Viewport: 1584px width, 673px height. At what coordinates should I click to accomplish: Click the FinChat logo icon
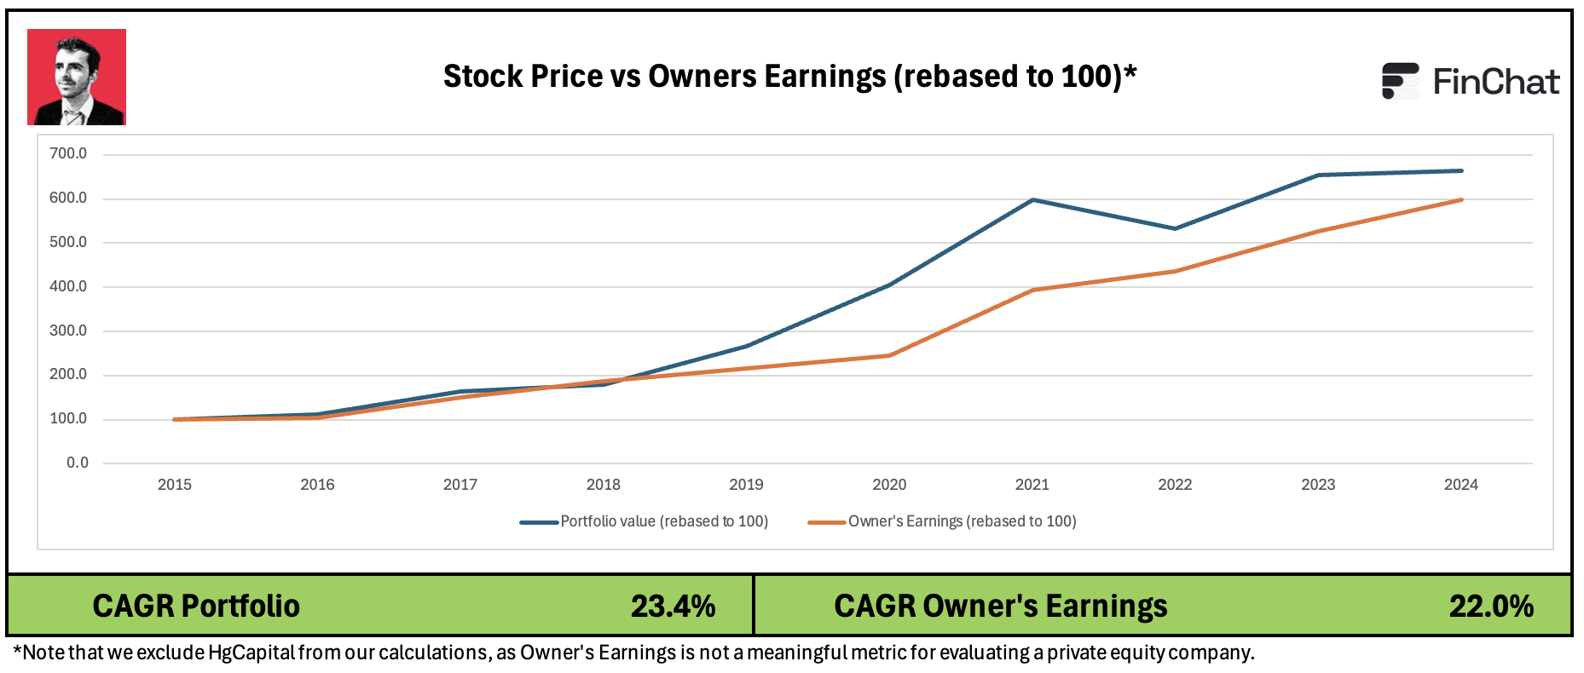tap(1400, 81)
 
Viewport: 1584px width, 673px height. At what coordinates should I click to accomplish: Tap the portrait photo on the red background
tap(77, 78)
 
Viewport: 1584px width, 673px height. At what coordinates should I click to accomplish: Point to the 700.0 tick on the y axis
tap(68, 154)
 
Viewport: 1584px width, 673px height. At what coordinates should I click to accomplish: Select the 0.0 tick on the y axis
tap(77, 463)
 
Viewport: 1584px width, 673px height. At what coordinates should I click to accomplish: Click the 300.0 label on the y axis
tap(68, 331)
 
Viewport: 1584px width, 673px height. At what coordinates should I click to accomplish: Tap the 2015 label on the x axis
tap(175, 485)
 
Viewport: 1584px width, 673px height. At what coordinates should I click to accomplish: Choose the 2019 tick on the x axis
tap(746, 485)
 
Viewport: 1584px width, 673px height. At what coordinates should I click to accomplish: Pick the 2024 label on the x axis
tap(1460, 485)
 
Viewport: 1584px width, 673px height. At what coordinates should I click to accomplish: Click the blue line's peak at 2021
tap(1032, 200)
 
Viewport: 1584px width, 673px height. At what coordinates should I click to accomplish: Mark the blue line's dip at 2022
tap(1175, 228)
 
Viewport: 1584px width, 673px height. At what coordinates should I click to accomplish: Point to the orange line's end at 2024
tap(1461, 200)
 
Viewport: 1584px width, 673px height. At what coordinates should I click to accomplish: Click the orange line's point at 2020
tap(889, 355)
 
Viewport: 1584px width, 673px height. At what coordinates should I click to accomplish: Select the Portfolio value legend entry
tap(645, 521)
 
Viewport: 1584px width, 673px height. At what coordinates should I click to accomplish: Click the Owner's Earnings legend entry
tap(943, 521)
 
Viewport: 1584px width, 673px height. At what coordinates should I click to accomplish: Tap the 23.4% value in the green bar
tap(673, 606)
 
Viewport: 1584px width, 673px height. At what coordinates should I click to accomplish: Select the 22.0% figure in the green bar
tap(1491, 606)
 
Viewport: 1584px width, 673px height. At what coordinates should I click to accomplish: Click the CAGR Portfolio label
tap(196, 606)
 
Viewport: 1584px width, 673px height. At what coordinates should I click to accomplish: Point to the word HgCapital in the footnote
tap(251, 653)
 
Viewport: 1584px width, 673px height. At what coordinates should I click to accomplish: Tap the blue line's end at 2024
tap(1461, 171)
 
